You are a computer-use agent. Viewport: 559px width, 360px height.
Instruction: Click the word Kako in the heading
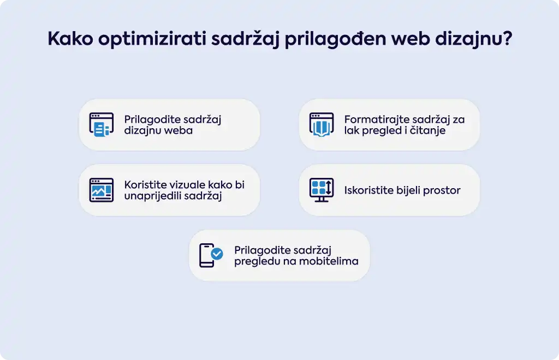coord(70,38)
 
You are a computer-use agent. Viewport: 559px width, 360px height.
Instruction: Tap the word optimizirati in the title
coord(152,39)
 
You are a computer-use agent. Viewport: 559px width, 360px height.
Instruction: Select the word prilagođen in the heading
coord(336,39)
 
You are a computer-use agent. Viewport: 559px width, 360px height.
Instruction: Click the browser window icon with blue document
coord(102,124)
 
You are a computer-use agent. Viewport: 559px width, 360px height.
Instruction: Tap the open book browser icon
coord(322,124)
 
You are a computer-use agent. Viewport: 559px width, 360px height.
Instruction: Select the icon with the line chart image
coord(102,190)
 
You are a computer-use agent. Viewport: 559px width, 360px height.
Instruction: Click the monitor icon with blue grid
coord(322,190)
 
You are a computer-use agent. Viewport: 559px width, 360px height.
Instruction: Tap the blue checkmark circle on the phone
coord(217,254)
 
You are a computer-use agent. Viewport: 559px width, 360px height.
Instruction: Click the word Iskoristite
coord(369,190)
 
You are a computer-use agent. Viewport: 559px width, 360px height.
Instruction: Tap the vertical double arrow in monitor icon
coord(329,187)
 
